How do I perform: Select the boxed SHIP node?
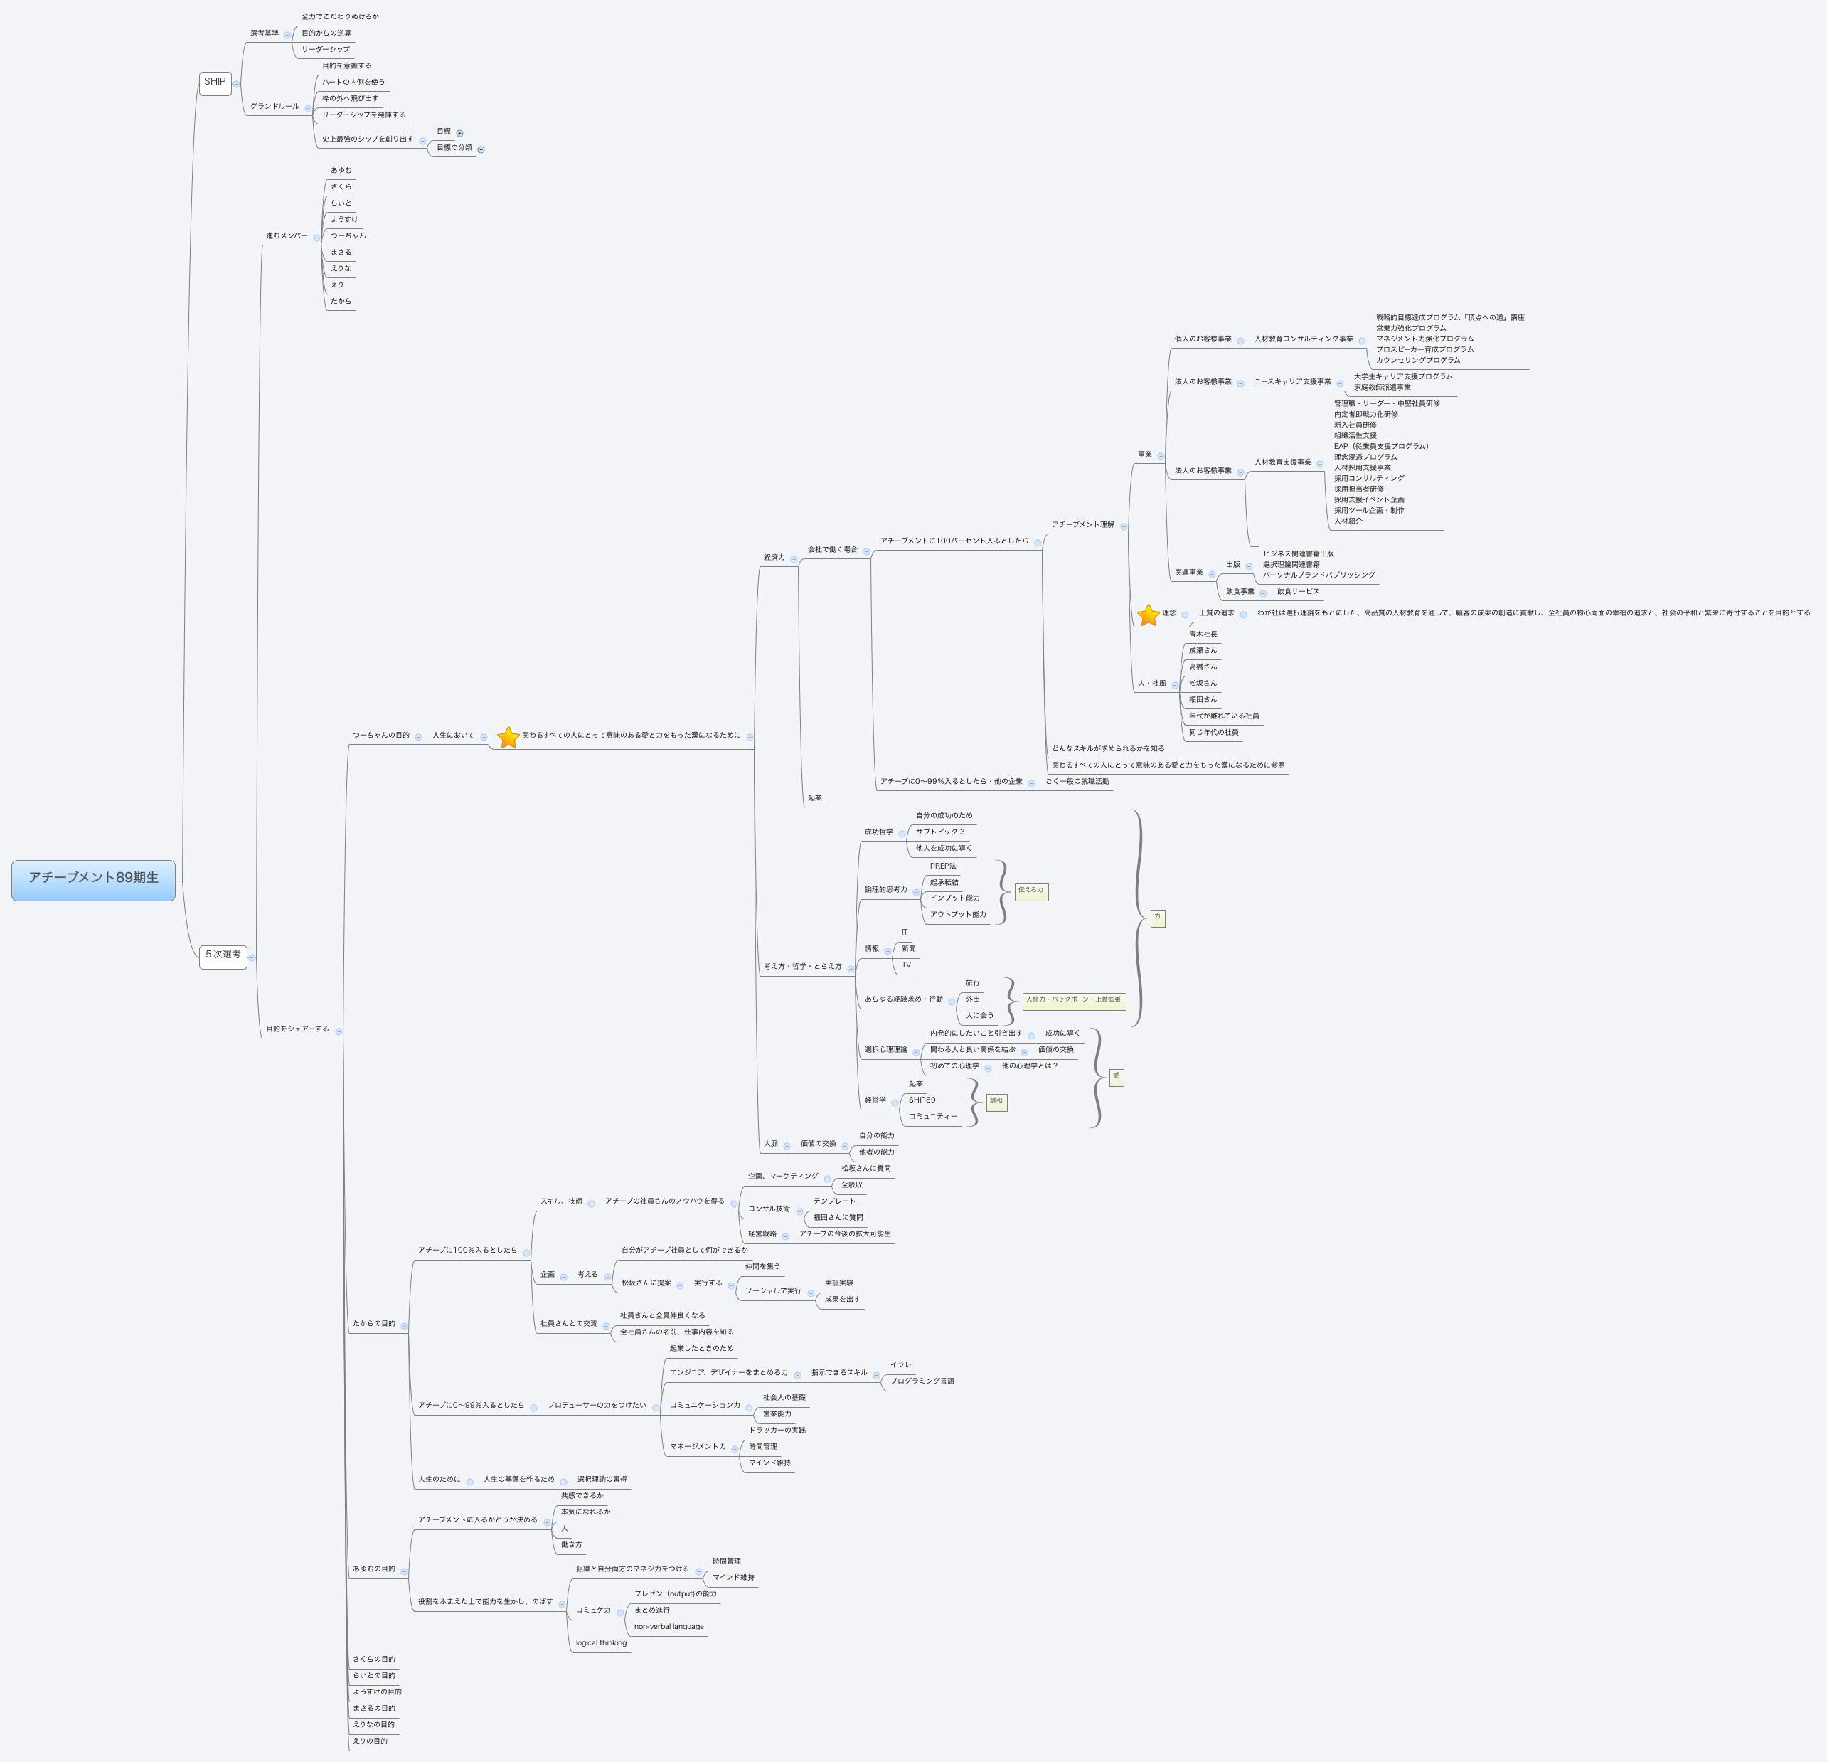pos(214,82)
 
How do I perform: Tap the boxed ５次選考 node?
pos(223,955)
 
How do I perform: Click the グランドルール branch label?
pos(274,106)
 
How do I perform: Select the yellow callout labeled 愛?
pos(1116,1077)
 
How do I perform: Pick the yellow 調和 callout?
pos(996,1101)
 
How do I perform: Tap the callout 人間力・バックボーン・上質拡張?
pos(1074,1000)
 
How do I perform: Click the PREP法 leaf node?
pos(942,866)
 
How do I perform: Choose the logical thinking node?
pos(601,1642)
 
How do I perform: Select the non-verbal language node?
pos(669,1627)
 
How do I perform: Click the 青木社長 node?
pos(1203,634)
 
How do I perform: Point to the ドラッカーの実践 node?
pos(777,1430)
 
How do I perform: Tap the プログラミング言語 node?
pos(922,1381)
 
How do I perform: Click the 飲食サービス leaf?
pos(1298,591)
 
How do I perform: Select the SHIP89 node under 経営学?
pos(922,1100)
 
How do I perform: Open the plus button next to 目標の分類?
pos(481,149)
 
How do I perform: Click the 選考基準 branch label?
pos(264,33)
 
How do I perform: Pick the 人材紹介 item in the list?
pos(1348,521)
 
